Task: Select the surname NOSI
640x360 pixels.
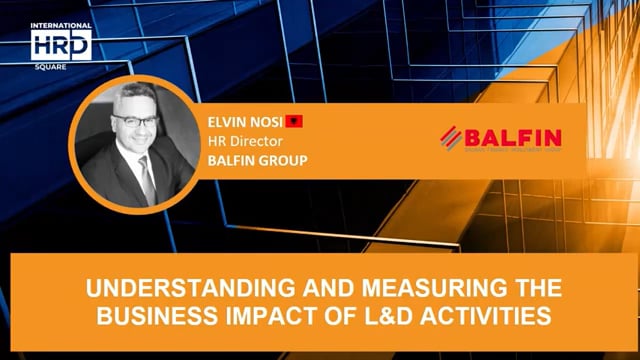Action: pyautogui.click(x=268, y=122)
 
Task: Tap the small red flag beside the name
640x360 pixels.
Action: pyautogui.click(x=294, y=122)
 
